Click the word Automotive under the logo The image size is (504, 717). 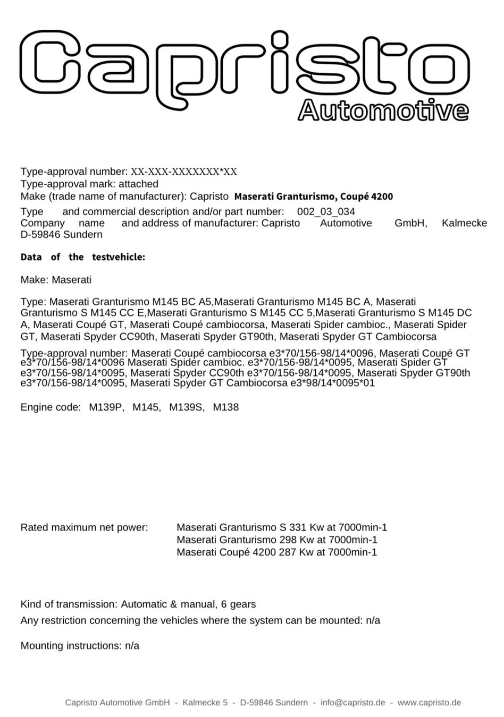(383, 110)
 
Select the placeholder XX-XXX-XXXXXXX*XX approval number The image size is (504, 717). (184, 172)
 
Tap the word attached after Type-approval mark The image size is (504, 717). (138, 184)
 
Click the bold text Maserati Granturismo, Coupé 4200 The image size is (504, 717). (314, 197)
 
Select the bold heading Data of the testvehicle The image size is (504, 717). (82, 258)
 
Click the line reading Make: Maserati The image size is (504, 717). (56, 279)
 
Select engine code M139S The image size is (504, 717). (186, 407)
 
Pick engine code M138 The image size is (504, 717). (226, 407)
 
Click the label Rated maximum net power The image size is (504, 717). (84, 527)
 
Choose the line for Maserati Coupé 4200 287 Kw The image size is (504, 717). (276, 552)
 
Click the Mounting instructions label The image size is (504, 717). (71, 646)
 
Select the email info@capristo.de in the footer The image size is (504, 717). (353, 703)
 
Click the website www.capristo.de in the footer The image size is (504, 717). (429, 703)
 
